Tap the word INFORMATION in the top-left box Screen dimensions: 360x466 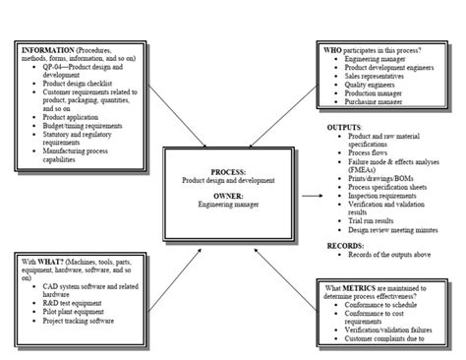(45, 48)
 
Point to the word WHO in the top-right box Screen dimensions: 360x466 (335, 48)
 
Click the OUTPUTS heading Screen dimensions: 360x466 (344, 127)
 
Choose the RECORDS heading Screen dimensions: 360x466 (346, 245)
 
